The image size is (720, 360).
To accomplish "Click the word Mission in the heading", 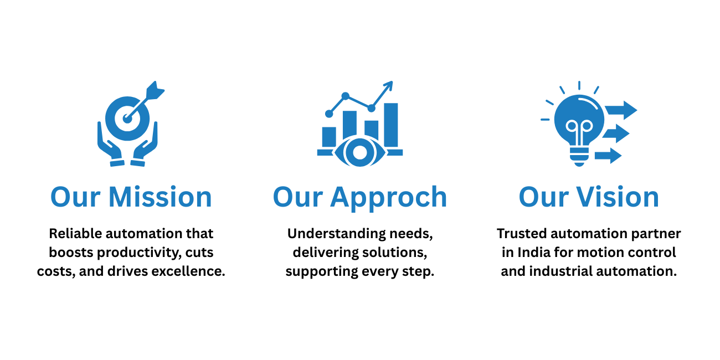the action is coord(160,197).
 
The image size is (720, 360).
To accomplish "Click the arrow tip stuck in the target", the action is coord(127,119).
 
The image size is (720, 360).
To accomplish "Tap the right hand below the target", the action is coord(145,145).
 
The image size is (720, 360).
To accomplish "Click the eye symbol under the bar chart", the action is coord(359,152).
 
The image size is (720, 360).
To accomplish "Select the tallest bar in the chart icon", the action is coord(391,125).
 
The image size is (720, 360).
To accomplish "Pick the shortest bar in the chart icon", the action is coord(329,137).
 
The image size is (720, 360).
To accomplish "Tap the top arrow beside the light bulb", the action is coord(621,110).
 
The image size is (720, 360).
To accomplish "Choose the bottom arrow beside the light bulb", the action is coord(608,156).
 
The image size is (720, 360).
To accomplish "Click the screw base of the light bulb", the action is coord(579,157).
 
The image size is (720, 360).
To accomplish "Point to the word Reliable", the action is coord(75,234).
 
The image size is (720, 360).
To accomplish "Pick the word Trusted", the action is coord(522,234).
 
